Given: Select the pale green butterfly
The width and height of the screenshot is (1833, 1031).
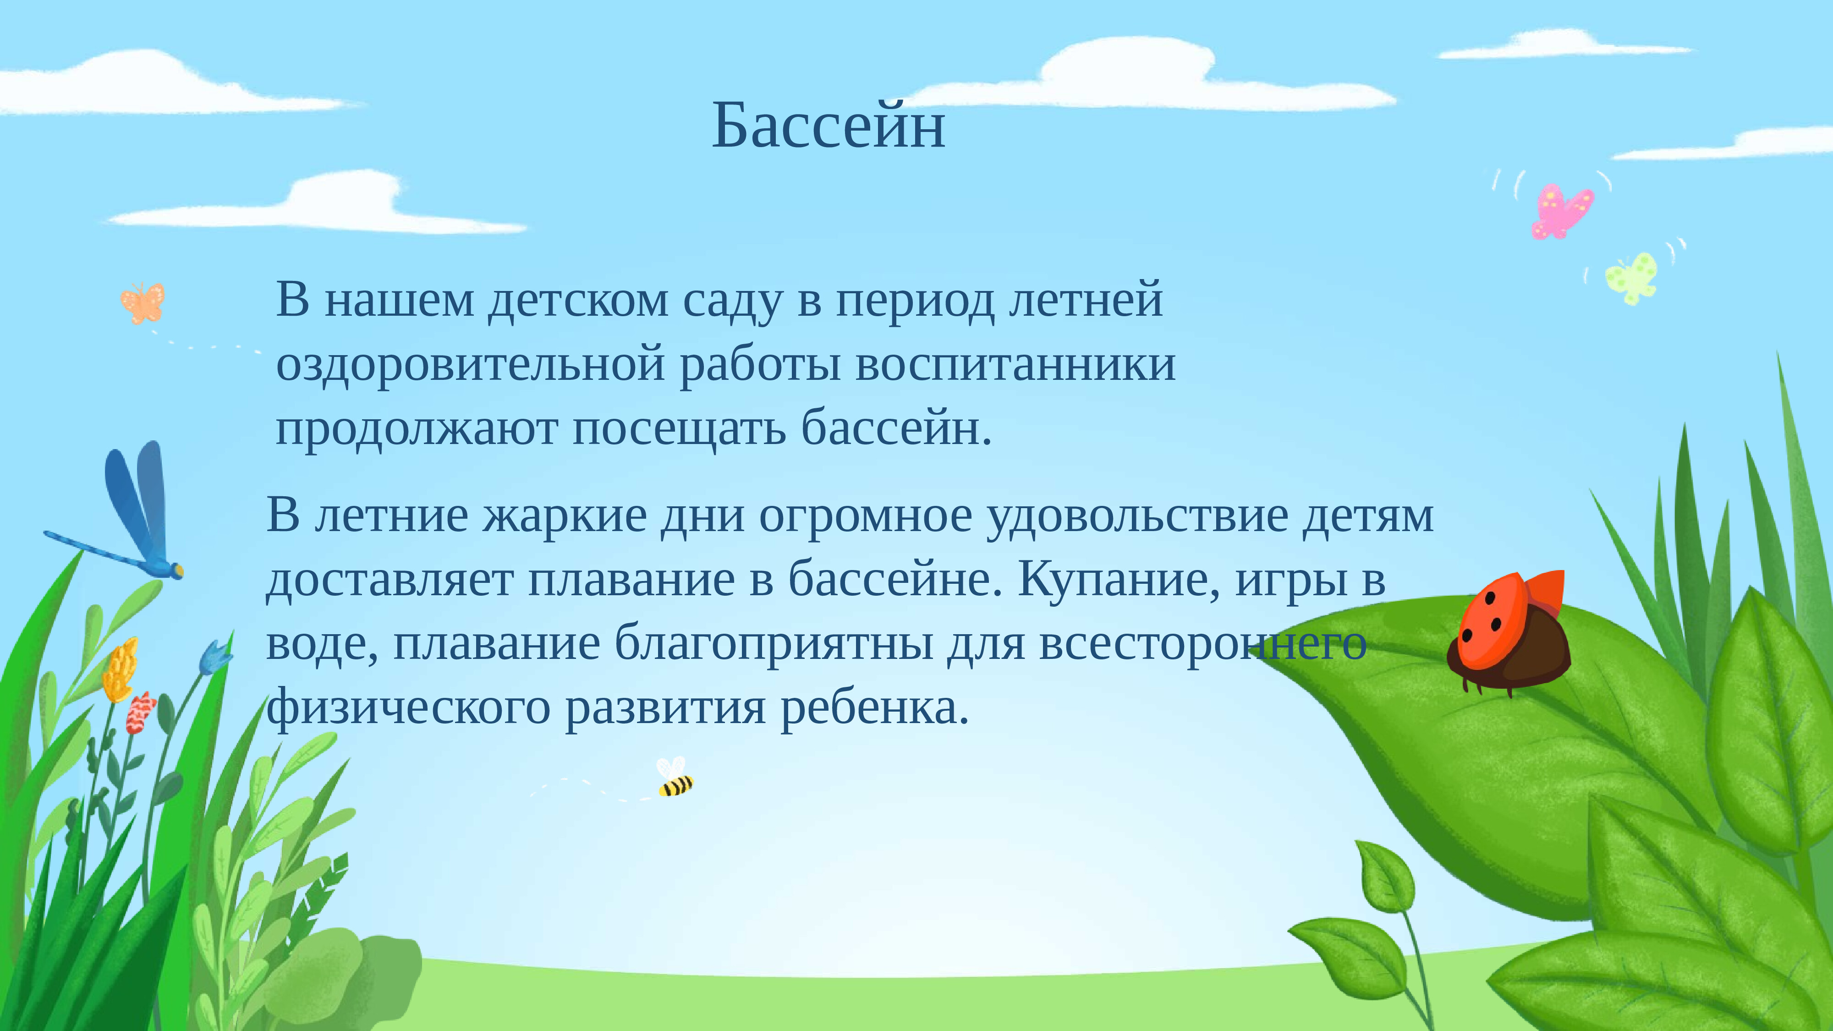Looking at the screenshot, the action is tap(1632, 278).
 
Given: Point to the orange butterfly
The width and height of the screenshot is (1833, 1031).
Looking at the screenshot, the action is tap(143, 303).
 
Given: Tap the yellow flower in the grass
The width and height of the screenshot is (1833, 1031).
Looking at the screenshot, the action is tap(120, 669).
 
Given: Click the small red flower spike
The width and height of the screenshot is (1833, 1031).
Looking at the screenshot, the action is tap(140, 712).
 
